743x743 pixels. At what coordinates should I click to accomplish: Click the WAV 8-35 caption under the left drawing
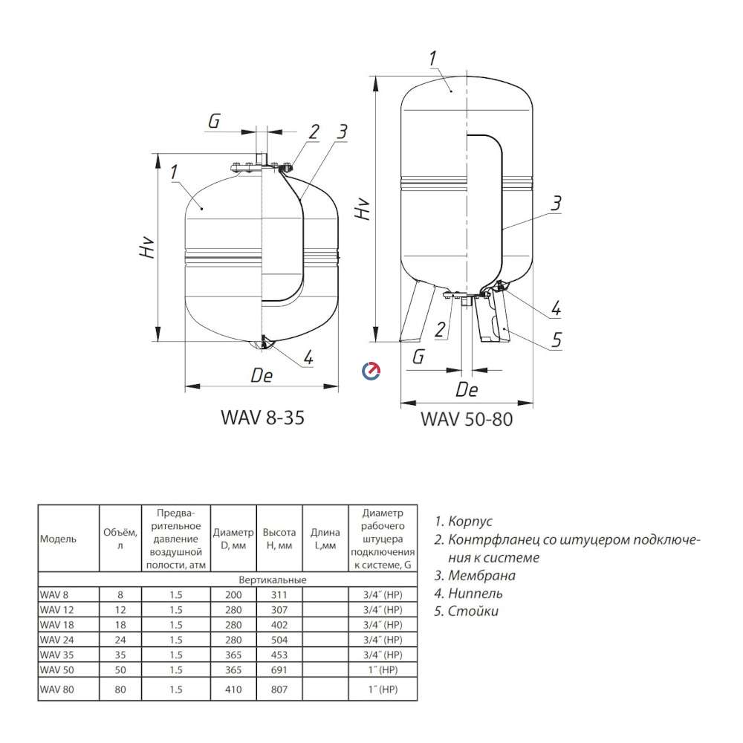[262, 418]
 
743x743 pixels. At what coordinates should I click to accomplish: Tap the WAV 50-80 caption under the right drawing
[467, 418]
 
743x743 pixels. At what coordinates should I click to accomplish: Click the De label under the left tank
[262, 376]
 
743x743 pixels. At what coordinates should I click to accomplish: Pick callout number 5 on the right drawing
[556, 340]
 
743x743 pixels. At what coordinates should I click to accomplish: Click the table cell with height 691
[279, 669]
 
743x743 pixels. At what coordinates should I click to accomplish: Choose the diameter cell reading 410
[233, 690]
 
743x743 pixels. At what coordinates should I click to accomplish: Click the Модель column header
[57, 538]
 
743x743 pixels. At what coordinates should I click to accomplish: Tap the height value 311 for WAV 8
[279, 594]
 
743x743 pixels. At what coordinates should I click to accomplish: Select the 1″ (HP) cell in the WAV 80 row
[383, 690]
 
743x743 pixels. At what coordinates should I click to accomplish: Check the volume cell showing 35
[120, 655]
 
